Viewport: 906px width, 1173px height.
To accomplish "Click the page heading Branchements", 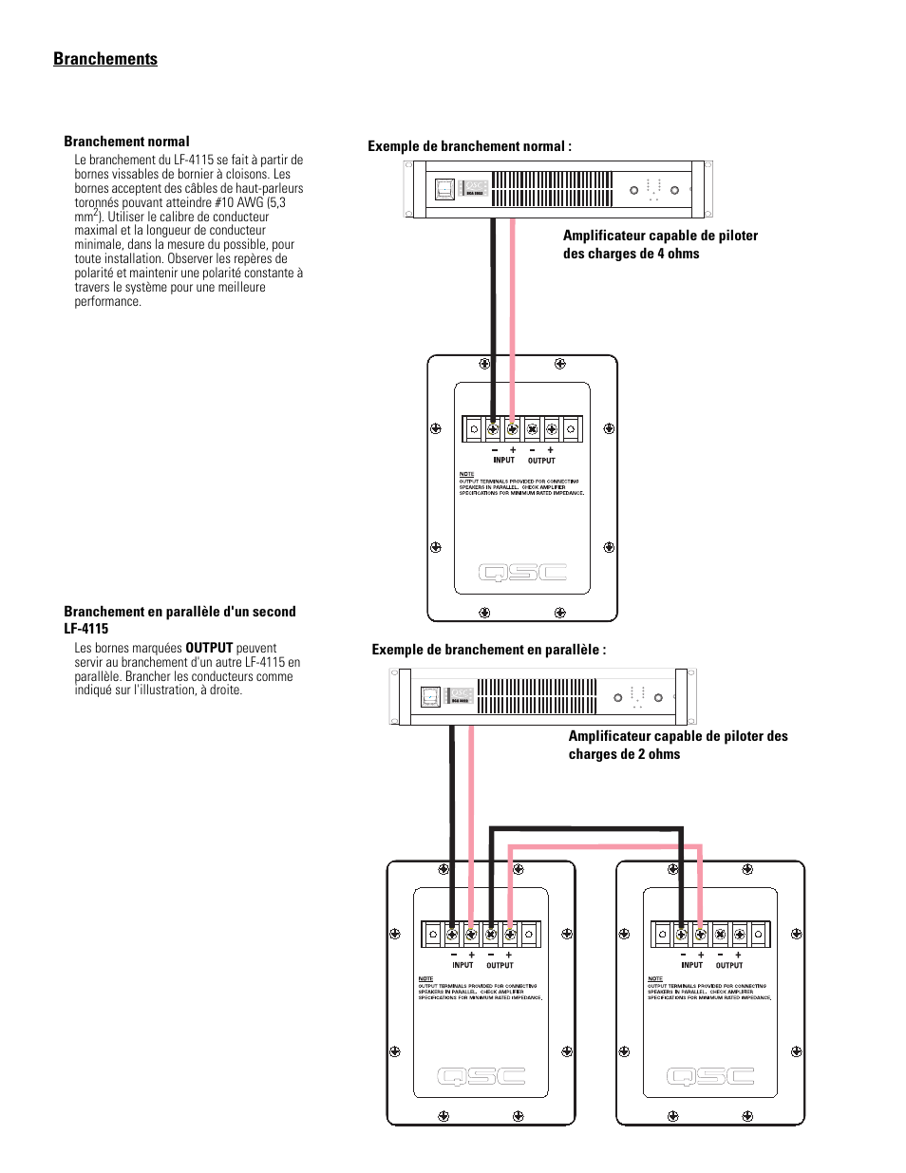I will pos(105,59).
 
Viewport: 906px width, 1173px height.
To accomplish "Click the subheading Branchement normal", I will pos(126,142).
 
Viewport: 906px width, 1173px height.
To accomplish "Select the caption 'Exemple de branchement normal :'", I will pos(469,146).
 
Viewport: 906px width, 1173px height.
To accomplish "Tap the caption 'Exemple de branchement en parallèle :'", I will pos(488,650).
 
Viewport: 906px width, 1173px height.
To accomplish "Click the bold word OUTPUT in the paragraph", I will pos(209,648).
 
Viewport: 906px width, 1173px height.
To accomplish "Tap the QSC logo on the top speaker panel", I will pos(522,572).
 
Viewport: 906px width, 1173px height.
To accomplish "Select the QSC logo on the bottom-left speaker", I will pos(481,1076).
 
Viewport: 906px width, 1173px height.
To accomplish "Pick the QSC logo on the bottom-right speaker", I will pos(710,1076).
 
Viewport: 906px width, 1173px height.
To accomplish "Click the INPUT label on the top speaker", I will pos(503,460).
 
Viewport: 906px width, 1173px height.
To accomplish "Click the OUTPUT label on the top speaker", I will pos(541,461).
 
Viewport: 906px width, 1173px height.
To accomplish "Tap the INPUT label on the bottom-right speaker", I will pos(691,965).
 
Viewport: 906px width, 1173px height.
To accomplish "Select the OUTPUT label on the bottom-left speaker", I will pos(500,965).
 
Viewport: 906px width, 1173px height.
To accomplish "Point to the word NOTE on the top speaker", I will pos(466,474).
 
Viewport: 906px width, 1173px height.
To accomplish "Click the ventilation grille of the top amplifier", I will pos(551,189).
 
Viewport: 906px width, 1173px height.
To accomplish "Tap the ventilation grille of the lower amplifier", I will pos(537,696).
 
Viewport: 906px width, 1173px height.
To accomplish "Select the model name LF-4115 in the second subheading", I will pos(86,629).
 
